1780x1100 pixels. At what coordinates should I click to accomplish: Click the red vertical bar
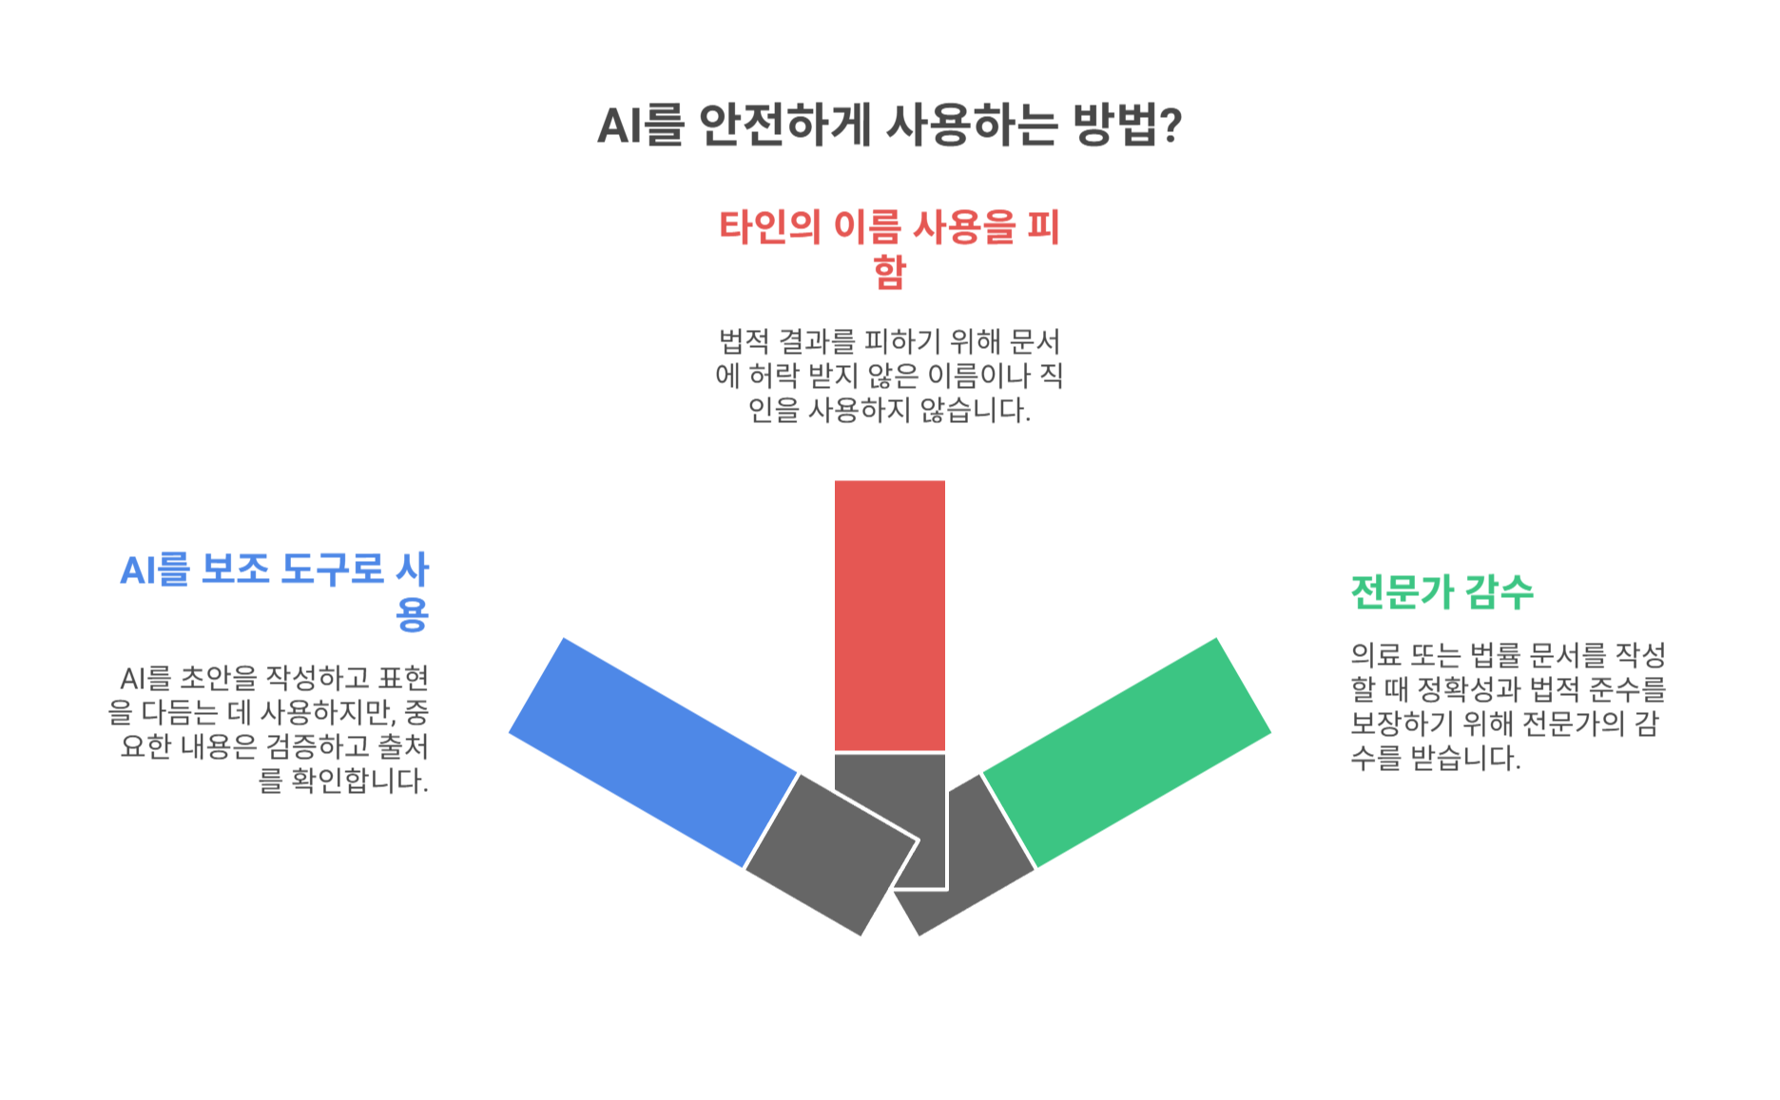[x=889, y=614]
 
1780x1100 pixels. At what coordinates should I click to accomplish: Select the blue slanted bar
[x=653, y=751]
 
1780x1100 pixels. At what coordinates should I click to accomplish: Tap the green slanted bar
[x=1127, y=751]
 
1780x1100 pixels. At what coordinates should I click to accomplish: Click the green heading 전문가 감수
[x=1441, y=591]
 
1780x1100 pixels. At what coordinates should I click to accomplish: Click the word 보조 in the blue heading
[x=233, y=570]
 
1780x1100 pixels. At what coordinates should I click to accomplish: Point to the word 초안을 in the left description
[x=219, y=679]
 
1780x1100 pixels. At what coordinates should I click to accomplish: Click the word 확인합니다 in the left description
[x=358, y=782]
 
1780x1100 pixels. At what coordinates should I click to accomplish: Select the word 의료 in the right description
[x=1375, y=655]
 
